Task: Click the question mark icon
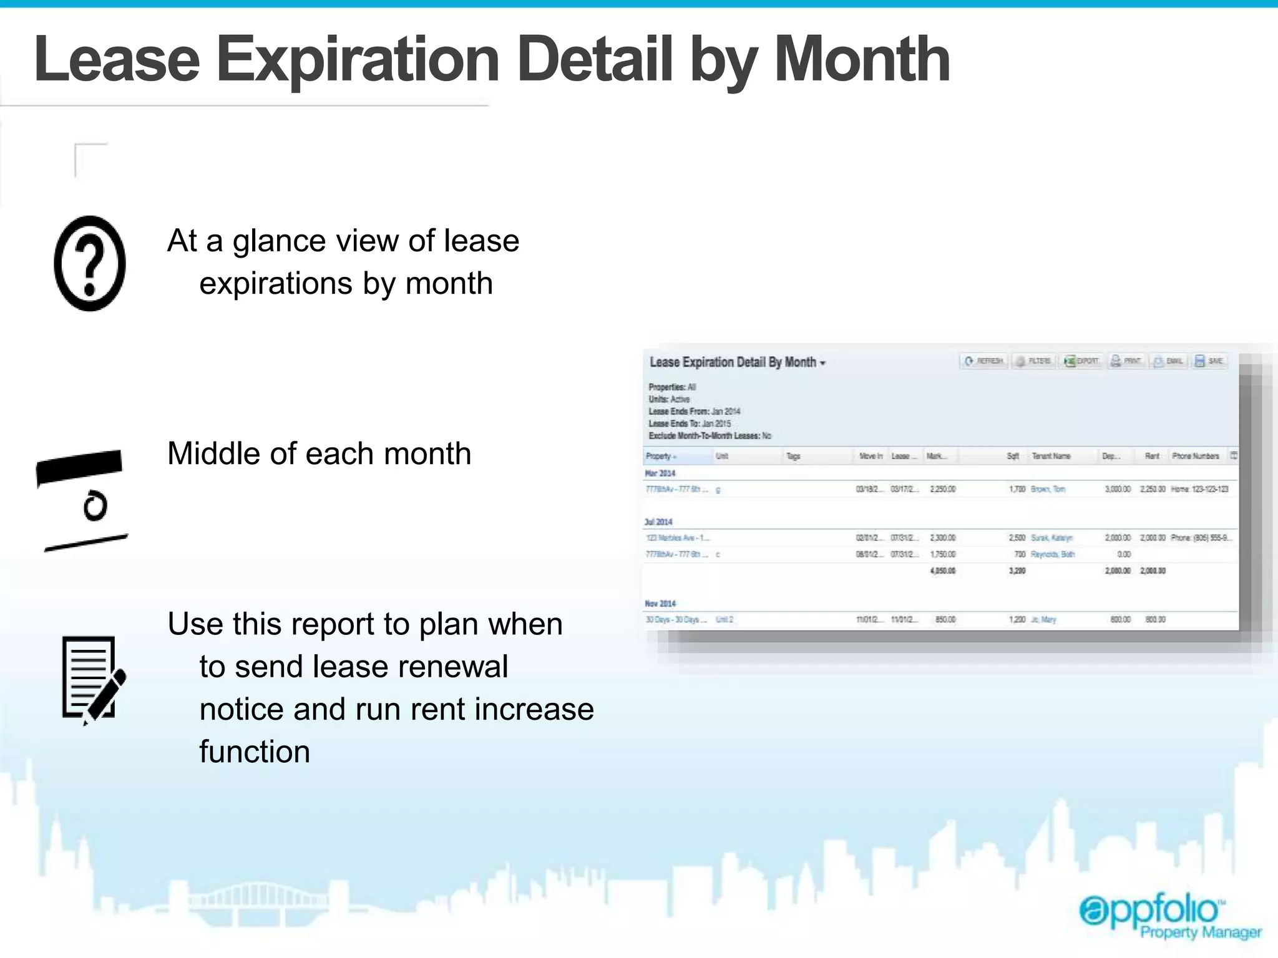coord(90,263)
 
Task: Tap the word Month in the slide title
coord(862,60)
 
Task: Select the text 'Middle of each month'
coord(319,453)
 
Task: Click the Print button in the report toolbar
coord(1126,361)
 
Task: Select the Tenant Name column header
coord(1051,456)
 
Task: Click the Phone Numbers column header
coord(1195,456)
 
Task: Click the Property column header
coord(660,456)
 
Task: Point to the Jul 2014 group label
coord(658,522)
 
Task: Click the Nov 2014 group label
coord(660,603)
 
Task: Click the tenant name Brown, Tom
coord(1048,489)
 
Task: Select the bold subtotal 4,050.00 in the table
coord(942,571)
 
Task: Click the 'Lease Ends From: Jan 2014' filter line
coord(694,411)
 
